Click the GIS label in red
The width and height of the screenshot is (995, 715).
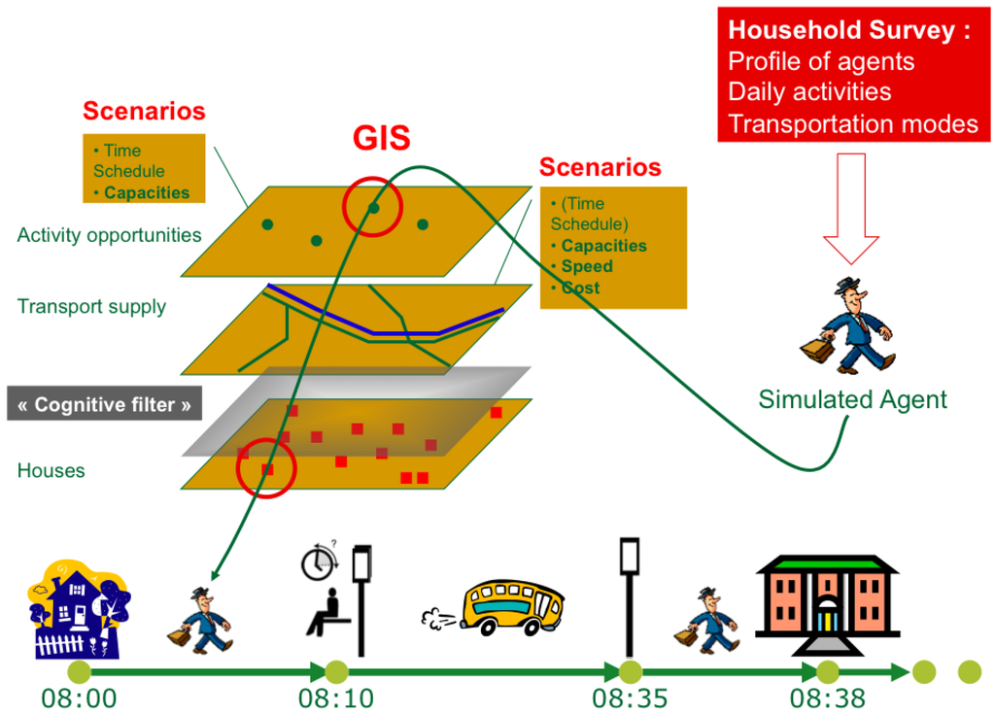(x=381, y=139)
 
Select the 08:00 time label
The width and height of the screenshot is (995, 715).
(x=79, y=698)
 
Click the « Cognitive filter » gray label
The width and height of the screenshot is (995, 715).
(x=104, y=404)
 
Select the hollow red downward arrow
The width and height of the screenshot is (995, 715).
(x=850, y=209)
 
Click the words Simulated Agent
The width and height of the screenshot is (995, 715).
(x=852, y=398)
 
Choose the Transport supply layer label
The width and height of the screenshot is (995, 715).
(x=91, y=307)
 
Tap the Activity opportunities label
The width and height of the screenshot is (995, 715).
(x=109, y=235)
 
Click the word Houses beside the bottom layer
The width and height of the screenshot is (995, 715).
(x=51, y=471)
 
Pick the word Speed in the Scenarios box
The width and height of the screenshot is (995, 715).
(x=587, y=266)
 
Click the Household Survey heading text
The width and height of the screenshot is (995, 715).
(x=848, y=31)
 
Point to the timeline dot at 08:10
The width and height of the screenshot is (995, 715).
(x=336, y=671)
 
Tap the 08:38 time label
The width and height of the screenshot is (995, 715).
(x=828, y=698)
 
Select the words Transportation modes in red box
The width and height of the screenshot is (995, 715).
(x=852, y=123)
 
